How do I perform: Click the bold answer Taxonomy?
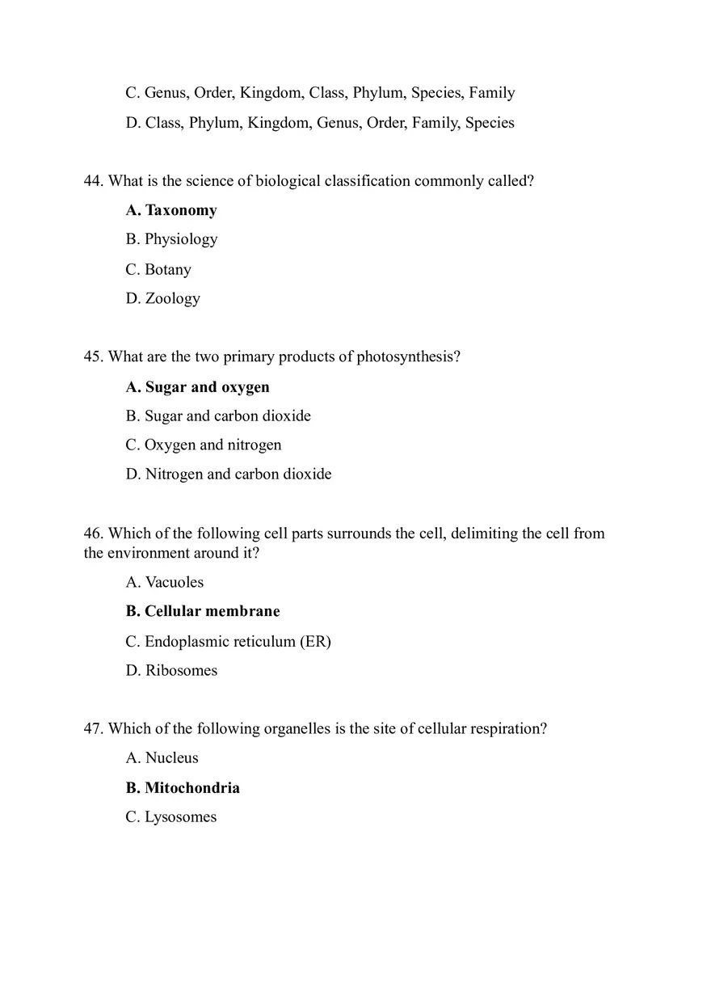[x=171, y=210]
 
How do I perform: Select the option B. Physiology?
[x=171, y=239]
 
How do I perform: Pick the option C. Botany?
[x=158, y=269]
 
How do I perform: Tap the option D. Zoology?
[x=162, y=298]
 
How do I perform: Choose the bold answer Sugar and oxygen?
[x=197, y=387]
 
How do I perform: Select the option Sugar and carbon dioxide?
[x=218, y=416]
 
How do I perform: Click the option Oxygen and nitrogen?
[x=204, y=445]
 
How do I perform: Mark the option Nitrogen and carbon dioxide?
[x=229, y=474]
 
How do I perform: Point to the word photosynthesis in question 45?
[x=408, y=357]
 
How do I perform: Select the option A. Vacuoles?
[x=165, y=582]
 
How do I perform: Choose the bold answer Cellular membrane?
[x=203, y=611]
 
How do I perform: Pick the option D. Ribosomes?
[x=171, y=670]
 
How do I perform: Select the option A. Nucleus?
[x=162, y=758]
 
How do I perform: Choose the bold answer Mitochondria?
[x=183, y=788]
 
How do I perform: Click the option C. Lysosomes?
[x=171, y=817]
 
